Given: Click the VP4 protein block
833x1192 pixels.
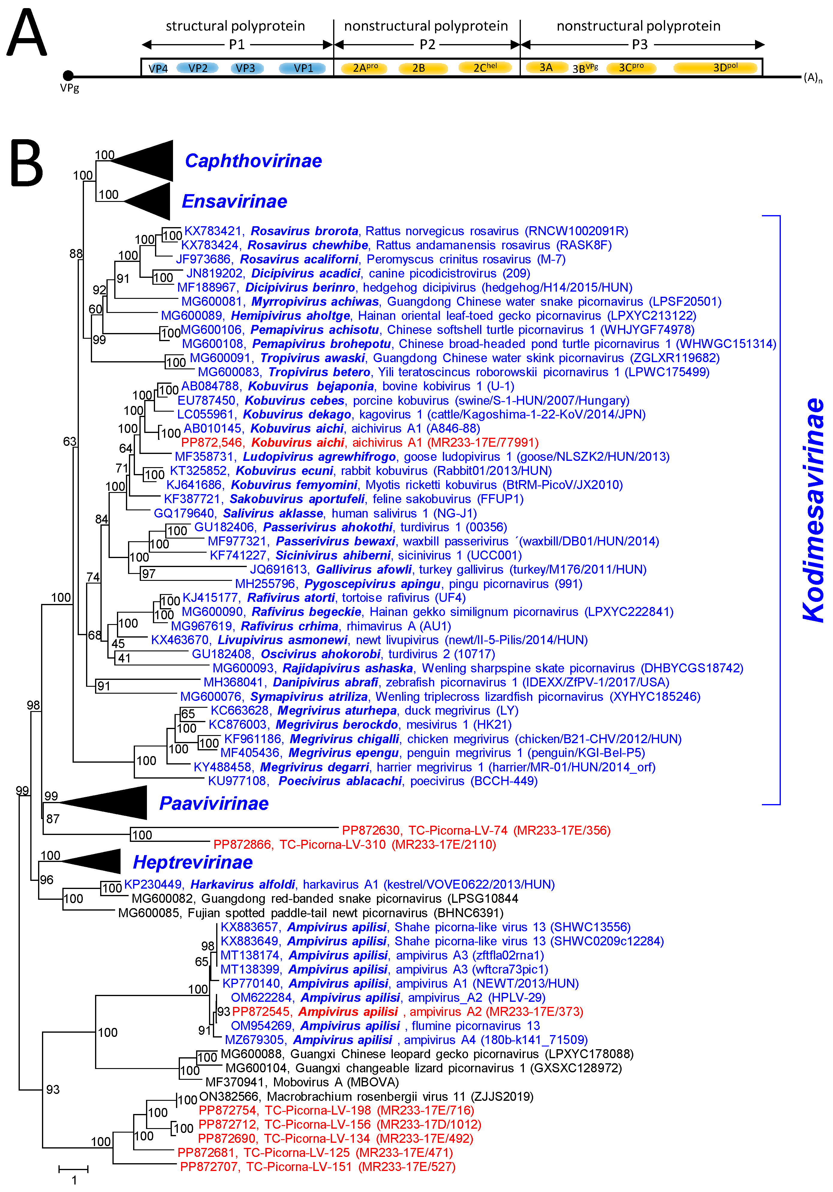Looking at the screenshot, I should tap(158, 68).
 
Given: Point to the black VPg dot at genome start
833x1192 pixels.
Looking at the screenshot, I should tap(68, 76).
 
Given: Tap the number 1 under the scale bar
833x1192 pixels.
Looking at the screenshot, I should tap(74, 1180).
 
